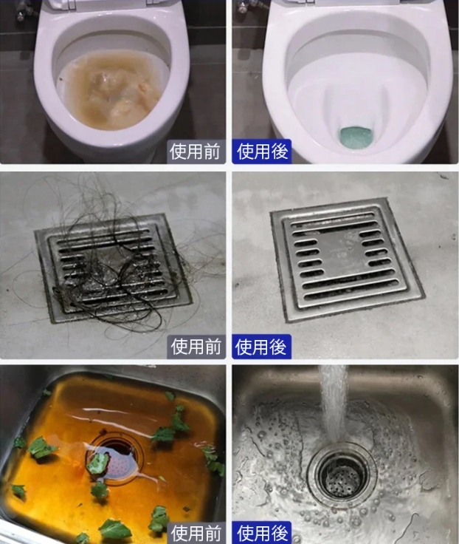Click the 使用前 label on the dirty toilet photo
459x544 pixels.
[x=195, y=152]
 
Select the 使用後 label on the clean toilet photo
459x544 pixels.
[x=262, y=152]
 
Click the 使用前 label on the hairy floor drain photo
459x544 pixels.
[x=196, y=347]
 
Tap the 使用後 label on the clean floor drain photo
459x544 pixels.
[x=260, y=347]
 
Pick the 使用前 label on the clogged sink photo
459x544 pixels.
[x=196, y=533]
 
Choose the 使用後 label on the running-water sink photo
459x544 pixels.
[x=262, y=533]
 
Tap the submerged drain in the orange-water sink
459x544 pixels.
[x=114, y=458]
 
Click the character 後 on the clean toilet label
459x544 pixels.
[x=280, y=152]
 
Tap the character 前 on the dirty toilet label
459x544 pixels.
[x=212, y=152]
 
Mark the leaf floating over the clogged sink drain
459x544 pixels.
[x=97, y=464]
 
